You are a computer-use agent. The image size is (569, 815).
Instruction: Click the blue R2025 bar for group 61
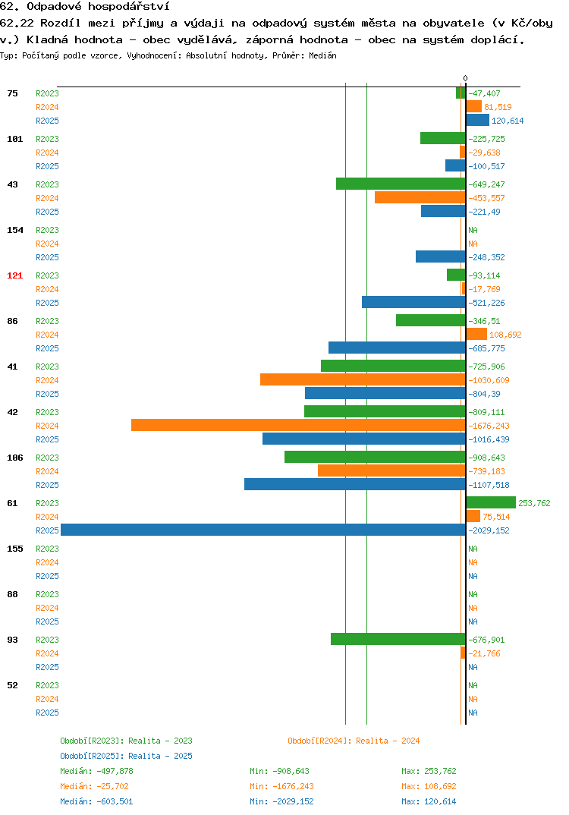[x=263, y=530]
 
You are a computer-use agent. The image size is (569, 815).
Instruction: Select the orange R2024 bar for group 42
[x=298, y=425]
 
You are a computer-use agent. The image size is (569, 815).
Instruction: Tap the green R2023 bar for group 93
[x=398, y=639]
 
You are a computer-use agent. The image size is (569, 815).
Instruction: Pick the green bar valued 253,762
[x=491, y=502]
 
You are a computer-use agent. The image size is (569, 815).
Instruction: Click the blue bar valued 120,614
[x=477, y=120]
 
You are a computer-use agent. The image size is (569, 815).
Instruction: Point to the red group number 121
[x=15, y=275]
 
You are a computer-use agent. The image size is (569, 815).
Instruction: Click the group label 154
[x=15, y=230]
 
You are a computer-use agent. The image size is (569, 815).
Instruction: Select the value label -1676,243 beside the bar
[x=489, y=426]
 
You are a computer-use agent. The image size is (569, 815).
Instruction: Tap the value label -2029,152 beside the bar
[x=489, y=530]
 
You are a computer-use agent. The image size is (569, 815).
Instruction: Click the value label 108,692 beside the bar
[x=505, y=335]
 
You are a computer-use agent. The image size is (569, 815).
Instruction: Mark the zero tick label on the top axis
[x=465, y=78]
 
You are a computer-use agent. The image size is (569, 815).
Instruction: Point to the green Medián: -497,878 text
[x=96, y=771]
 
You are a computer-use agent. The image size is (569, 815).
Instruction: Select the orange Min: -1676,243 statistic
[x=281, y=786]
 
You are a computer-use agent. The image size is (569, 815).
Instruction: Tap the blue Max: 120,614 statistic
[x=429, y=801]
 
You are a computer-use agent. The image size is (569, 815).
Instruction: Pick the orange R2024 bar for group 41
[x=363, y=379]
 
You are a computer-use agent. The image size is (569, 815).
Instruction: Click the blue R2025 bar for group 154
[x=441, y=256]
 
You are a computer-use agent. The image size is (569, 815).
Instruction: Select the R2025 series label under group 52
[x=47, y=713]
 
